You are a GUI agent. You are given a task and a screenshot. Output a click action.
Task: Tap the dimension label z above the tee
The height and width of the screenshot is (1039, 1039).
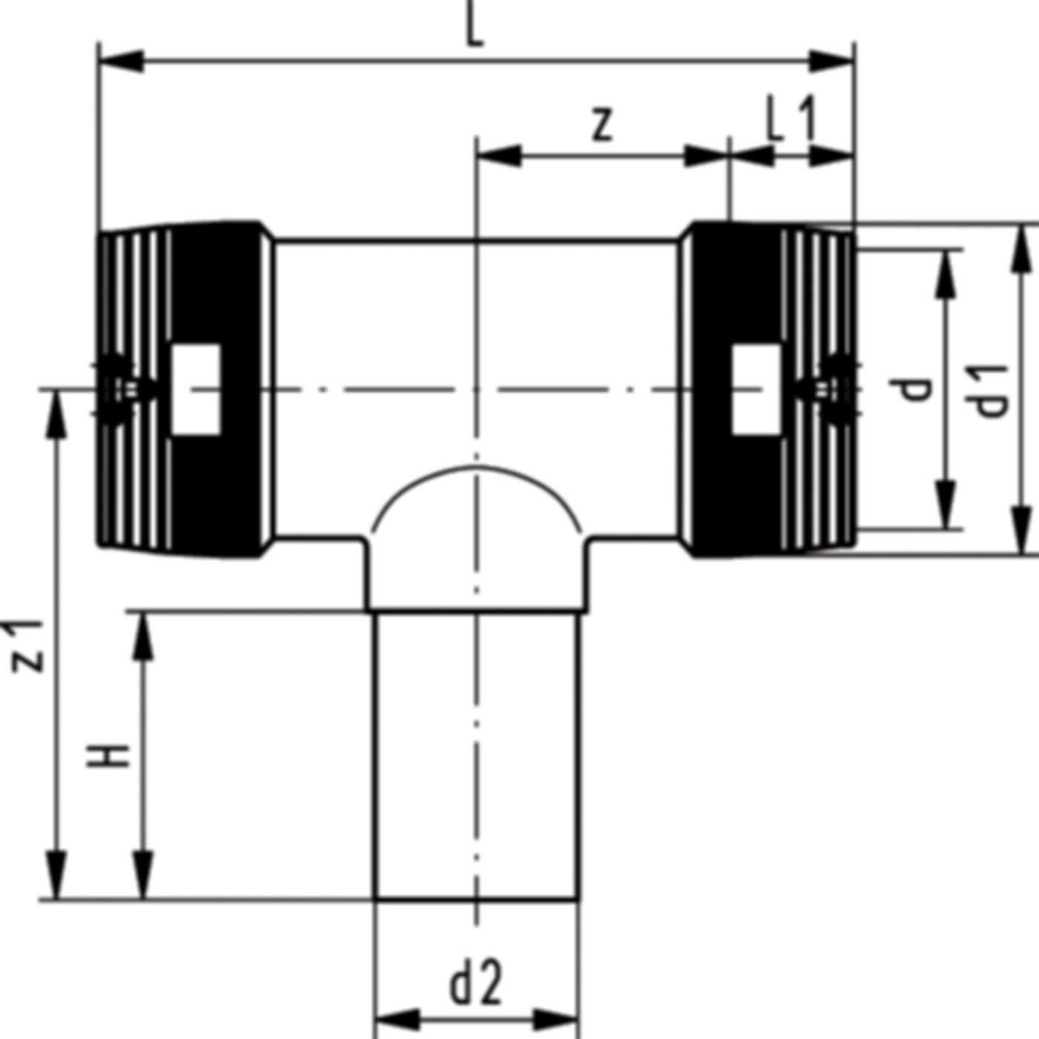[603, 124]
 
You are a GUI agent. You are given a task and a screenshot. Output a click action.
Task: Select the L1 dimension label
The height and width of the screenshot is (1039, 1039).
[791, 122]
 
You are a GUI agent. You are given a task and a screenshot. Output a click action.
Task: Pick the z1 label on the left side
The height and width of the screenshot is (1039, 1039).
[28, 644]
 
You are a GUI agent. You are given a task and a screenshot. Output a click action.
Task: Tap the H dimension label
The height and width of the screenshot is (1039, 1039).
[109, 756]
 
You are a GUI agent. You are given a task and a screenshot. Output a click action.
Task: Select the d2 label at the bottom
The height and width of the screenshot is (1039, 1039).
[476, 983]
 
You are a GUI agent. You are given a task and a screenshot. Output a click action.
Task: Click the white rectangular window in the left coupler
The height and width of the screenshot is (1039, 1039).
[197, 389]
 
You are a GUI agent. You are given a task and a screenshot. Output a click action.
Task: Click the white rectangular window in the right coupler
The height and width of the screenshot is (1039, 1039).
[756, 389]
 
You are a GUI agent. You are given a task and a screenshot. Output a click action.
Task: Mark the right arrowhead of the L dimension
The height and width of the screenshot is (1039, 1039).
[833, 62]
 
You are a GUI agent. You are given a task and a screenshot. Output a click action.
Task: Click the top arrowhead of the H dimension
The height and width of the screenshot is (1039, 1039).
[144, 635]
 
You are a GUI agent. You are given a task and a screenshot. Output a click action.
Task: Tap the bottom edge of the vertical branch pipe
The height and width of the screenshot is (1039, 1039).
[476, 900]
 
